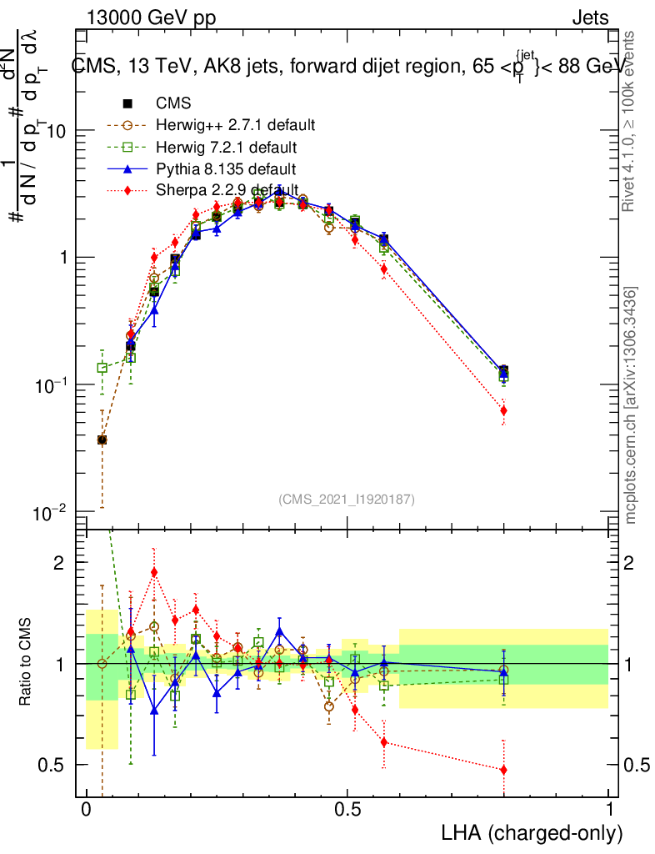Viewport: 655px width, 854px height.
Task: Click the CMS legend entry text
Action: (x=173, y=104)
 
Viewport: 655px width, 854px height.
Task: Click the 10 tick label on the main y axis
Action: (x=57, y=132)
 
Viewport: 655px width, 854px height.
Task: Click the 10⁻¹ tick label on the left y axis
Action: (x=52, y=384)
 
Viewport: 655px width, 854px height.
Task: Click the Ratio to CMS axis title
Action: (x=26, y=663)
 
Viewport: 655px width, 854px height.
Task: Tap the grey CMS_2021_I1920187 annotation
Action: (x=347, y=499)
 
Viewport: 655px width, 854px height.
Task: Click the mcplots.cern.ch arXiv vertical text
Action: (x=631, y=405)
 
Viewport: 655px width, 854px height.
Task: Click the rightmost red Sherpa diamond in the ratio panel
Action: (x=503, y=770)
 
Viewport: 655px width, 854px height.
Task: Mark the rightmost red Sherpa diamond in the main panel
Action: (x=503, y=410)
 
